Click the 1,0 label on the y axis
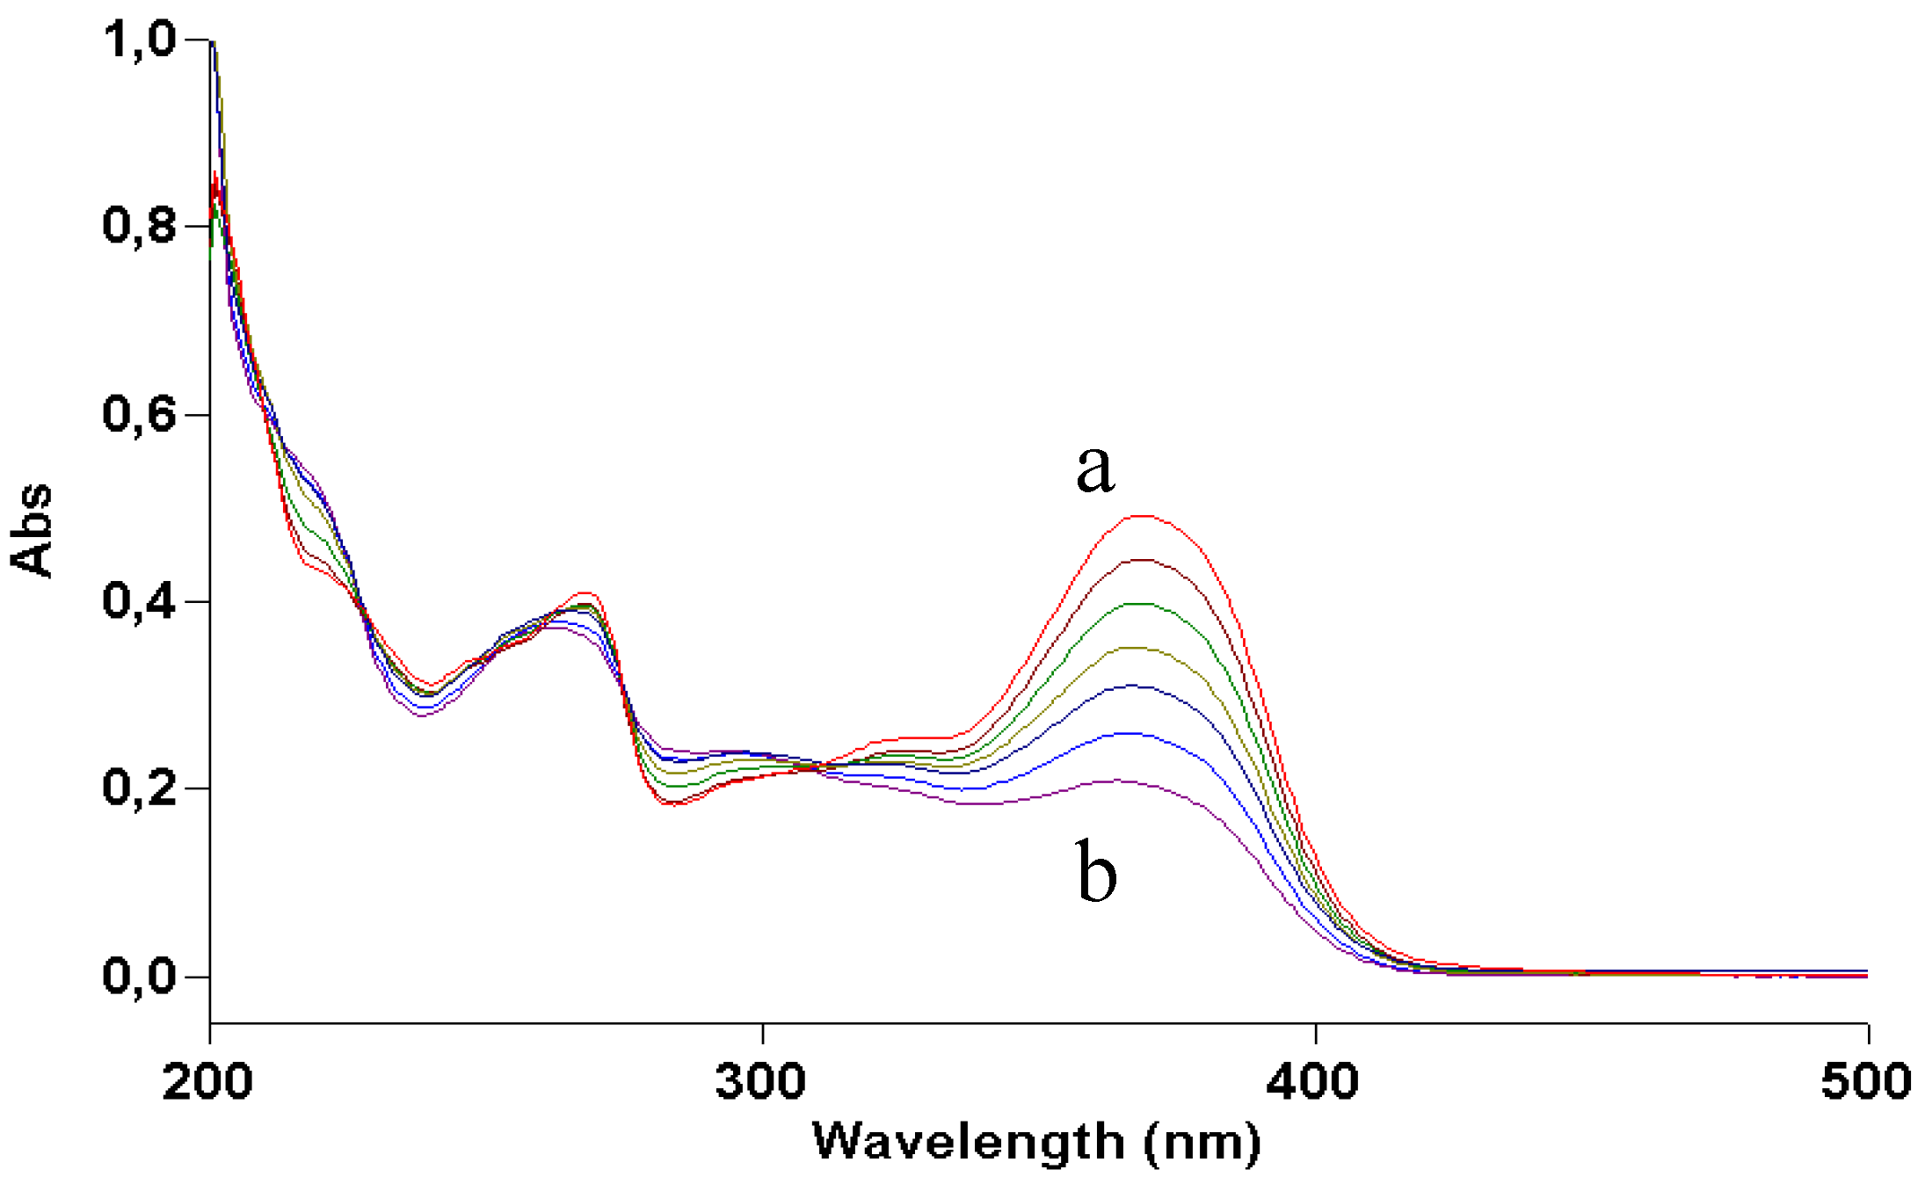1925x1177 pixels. pyautogui.click(x=140, y=39)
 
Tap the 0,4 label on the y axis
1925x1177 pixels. pyautogui.click(x=140, y=600)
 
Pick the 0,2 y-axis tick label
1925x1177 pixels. pyautogui.click(x=140, y=787)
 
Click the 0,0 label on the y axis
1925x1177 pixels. pyautogui.click(x=140, y=975)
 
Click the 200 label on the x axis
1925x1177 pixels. pyautogui.click(x=207, y=1081)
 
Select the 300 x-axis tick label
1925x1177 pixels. pyautogui.click(x=760, y=1081)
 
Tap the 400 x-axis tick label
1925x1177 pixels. pyautogui.click(x=1313, y=1081)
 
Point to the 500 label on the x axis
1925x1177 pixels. pyautogui.click(x=1865, y=1081)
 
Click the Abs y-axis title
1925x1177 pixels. pyautogui.click(x=32, y=530)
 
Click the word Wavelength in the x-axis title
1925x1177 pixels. pyautogui.click(x=968, y=1142)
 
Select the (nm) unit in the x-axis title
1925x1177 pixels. pyautogui.click(x=1202, y=1142)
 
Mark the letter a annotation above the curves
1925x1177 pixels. pyautogui.click(x=1095, y=469)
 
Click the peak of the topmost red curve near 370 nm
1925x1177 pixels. pyautogui.click(x=1141, y=516)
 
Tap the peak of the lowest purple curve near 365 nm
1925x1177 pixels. pyautogui.click(x=1121, y=780)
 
